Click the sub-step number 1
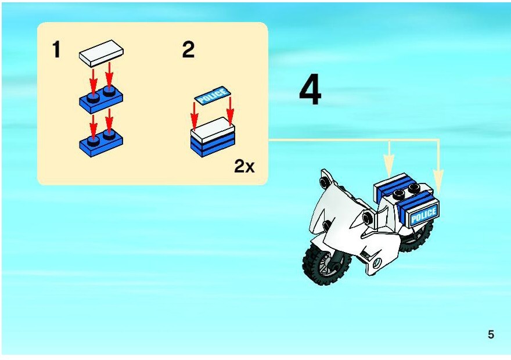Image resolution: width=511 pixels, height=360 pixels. click(x=57, y=49)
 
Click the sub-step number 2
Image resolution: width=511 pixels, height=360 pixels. click(x=188, y=49)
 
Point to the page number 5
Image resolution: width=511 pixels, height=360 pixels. click(x=491, y=334)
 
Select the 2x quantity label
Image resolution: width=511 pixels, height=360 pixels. click(x=244, y=167)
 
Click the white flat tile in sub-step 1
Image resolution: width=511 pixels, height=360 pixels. click(x=101, y=53)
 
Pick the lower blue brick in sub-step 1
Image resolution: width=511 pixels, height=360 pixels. click(x=101, y=143)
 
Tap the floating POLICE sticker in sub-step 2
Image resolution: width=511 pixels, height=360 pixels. click(x=213, y=95)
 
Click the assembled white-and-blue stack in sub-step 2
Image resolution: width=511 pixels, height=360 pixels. click(x=213, y=138)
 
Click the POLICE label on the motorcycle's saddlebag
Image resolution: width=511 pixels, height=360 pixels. click(x=423, y=214)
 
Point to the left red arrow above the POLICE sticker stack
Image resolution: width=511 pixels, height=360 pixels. click(x=194, y=116)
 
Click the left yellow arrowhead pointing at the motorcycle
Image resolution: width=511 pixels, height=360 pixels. click(x=389, y=166)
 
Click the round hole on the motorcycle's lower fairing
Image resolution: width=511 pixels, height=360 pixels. click(x=377, y=262)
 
